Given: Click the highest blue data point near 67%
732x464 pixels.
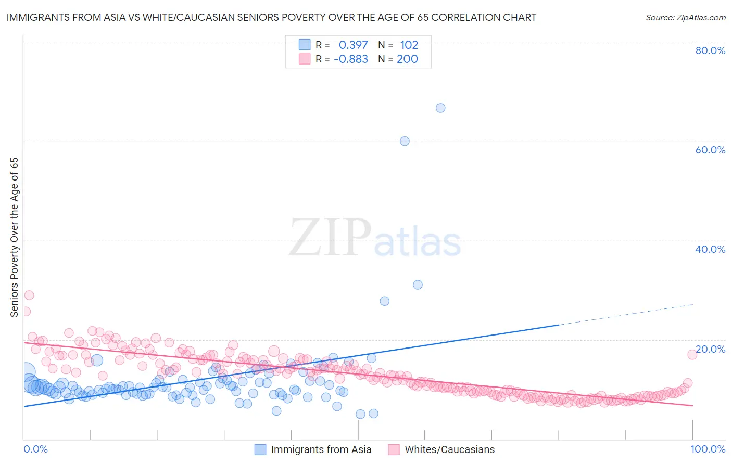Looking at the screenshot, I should tap(440, 108).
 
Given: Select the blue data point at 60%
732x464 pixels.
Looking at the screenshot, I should tap(405, 141).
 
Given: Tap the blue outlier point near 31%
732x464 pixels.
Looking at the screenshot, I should tap(418, 285).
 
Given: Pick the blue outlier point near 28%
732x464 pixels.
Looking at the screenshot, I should tap(385, 301).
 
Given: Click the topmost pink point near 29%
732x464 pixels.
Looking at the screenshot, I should tap(29, 295).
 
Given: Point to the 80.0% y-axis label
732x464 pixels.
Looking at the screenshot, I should tap(710, 50).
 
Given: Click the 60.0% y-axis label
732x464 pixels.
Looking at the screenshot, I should tap(710, 150).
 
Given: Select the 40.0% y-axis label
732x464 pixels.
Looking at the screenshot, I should tap(710, 249).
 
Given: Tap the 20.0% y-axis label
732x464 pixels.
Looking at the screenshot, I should tap(710, 349).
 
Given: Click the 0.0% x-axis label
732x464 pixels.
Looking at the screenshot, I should tap(35, 449).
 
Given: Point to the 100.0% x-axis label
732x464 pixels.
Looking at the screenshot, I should tap(708, 449).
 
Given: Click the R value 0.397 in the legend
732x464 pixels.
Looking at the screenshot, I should tap(353, 45).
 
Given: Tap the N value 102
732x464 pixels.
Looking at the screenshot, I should tap(409, 45).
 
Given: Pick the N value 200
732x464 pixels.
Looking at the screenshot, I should tap(407, 59).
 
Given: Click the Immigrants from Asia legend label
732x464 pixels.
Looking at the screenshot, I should tap(321, 450).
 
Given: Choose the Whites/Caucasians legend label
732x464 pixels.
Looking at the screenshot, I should tap(450, 450).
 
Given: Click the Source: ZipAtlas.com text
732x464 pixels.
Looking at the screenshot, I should tap(685, 17).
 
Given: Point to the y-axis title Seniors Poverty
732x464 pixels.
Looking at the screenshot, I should tap(15, 237).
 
